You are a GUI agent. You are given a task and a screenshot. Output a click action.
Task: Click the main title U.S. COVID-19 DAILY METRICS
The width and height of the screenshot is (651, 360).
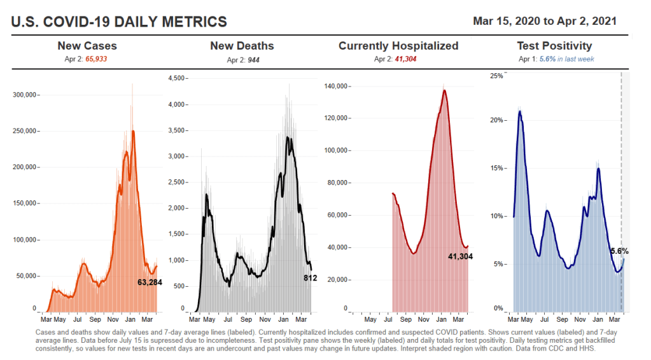click(x=119, y=22)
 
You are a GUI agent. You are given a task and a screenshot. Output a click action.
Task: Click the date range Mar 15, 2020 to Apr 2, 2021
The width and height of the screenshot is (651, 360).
click(x=544, y=21)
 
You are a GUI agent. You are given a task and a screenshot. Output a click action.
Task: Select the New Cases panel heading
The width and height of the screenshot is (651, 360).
click(x=87, y=46)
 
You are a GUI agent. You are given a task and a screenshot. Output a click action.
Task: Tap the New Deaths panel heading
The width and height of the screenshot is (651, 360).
click(x=242, y=46)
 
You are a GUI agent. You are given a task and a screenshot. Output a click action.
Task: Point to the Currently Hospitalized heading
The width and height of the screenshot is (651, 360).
click(x=398, y=46)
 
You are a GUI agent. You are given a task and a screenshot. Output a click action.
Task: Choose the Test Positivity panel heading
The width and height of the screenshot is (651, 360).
click(x=554, y=46)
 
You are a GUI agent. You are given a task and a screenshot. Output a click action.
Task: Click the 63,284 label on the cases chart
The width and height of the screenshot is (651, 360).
click(x=150, y=282)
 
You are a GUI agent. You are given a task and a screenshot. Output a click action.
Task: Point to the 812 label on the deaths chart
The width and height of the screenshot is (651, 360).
click(x=310, y=278)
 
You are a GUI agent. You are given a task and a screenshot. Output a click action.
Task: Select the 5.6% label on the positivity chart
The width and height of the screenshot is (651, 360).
click(x=619, y=251)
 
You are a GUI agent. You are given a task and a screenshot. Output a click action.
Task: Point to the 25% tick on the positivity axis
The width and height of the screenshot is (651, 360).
click(x=496, y=76)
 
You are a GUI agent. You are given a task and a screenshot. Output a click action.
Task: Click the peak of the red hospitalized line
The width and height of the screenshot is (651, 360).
click(x=444, y=90)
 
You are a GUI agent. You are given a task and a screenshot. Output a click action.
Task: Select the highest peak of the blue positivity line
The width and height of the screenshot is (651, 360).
click(x=520, y=111)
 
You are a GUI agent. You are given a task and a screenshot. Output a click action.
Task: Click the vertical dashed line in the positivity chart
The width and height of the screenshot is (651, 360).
click(x=621, y=191)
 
